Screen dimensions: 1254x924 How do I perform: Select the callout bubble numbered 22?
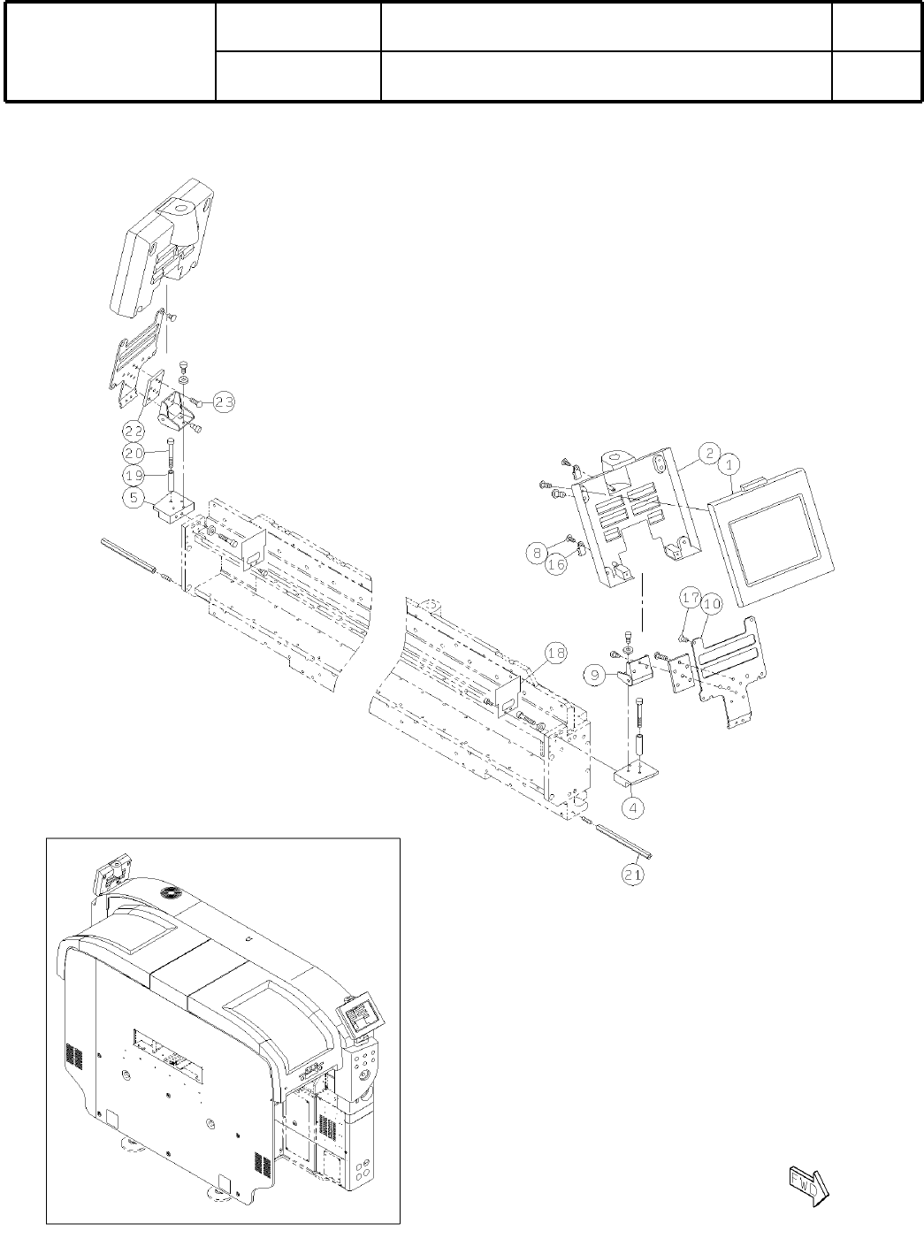134,430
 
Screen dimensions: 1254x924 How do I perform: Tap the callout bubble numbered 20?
134,451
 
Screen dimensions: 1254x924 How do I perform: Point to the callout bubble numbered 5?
133,497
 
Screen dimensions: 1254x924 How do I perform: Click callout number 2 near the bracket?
708,453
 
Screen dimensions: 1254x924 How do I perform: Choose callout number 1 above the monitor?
730,463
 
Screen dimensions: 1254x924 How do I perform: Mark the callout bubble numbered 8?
535,553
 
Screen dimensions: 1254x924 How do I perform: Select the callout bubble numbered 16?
556,564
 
